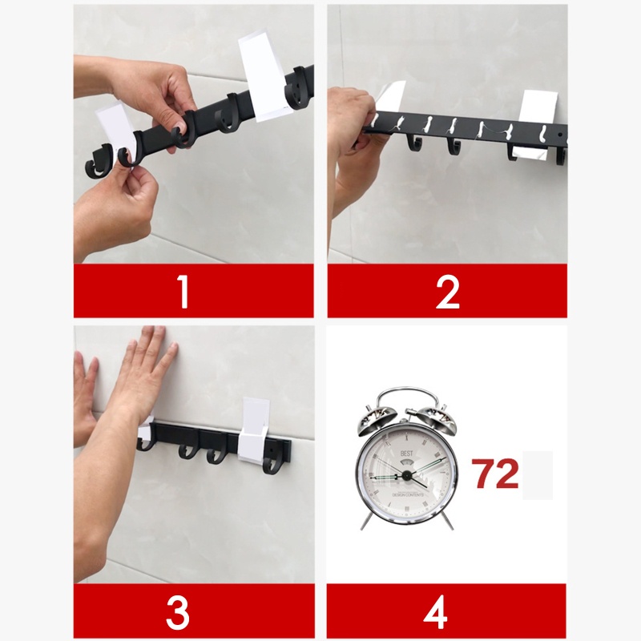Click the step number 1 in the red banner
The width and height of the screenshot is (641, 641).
point(183,292)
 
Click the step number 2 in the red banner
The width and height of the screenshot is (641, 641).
point(447,292)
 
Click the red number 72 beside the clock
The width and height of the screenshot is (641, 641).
point(494,474)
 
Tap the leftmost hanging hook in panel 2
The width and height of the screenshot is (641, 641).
point(414,143)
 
